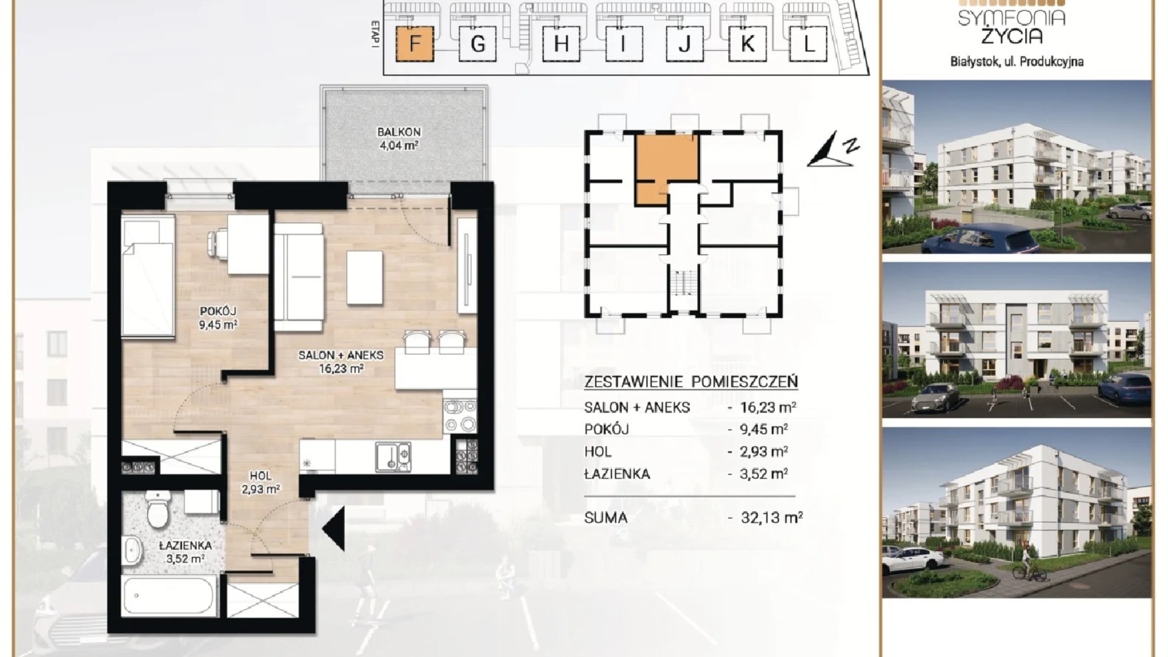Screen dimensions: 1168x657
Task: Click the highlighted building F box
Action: pos(414,44)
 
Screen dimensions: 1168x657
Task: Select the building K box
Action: pos(747,44)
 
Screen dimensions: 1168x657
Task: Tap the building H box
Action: pos(560,44)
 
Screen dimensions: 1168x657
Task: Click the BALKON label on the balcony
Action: pos(398,132)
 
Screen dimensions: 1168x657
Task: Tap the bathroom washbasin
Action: pos(132,551)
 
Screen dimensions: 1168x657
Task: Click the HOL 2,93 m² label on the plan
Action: pos(260,482)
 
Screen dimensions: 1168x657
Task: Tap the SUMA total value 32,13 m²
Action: pos(771,518)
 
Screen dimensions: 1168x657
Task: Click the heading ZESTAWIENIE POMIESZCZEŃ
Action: pos(691,382)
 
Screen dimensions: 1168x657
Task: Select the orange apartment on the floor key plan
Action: pos(666,167)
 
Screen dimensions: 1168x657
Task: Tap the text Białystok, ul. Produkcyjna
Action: pos(1017,61)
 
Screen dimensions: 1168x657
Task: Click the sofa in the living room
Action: pos(298,277)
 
